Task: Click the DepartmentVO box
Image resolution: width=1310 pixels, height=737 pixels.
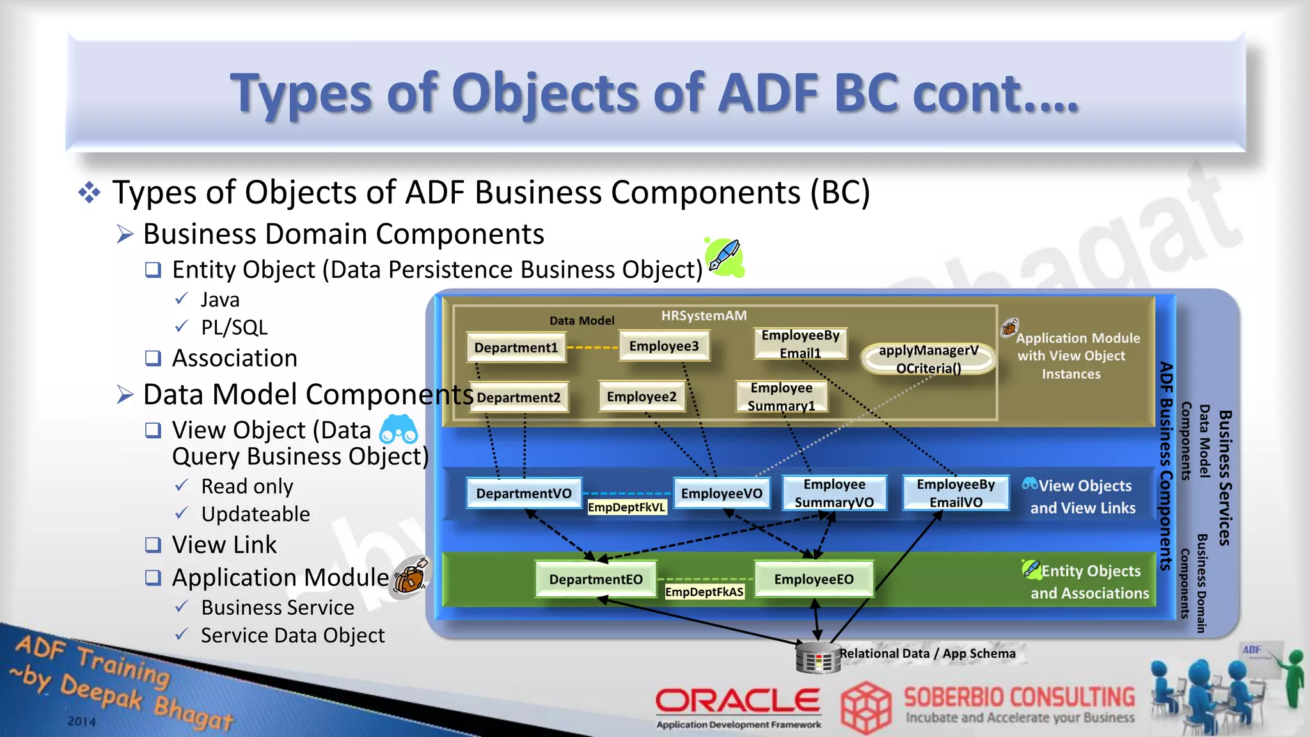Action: pos(524,493)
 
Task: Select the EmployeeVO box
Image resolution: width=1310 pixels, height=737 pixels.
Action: pos(722,493)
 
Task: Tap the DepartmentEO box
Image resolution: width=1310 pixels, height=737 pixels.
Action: pos(596,580)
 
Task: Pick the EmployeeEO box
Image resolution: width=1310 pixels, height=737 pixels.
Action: pos(814,580)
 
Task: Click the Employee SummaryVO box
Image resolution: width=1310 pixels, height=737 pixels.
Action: pos(834,493)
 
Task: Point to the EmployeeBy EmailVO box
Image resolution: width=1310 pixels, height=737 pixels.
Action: pos(956,493)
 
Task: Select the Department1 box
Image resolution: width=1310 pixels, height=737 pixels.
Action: pos(516,347)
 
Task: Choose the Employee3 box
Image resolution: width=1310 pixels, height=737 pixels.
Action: pos(664,346)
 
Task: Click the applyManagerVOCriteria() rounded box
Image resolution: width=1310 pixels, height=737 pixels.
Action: pos(928,359)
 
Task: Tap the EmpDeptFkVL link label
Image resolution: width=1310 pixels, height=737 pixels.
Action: pos(627,507)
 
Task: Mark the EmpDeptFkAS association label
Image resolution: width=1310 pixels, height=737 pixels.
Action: pos(704,592)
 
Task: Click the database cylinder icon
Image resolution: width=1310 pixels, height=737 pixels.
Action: pos(817,658)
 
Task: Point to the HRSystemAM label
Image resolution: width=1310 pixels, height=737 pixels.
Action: pos(704,315)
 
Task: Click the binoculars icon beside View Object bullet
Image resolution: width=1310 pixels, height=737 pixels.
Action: pos(399,430)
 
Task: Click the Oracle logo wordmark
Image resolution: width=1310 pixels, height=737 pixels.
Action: pos(738,701)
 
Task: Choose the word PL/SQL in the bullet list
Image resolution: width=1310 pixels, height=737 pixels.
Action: pos(234,328)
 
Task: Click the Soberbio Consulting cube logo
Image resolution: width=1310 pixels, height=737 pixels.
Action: pos(865,708)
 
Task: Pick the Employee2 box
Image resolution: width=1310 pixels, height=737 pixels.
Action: pos(642,397)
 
